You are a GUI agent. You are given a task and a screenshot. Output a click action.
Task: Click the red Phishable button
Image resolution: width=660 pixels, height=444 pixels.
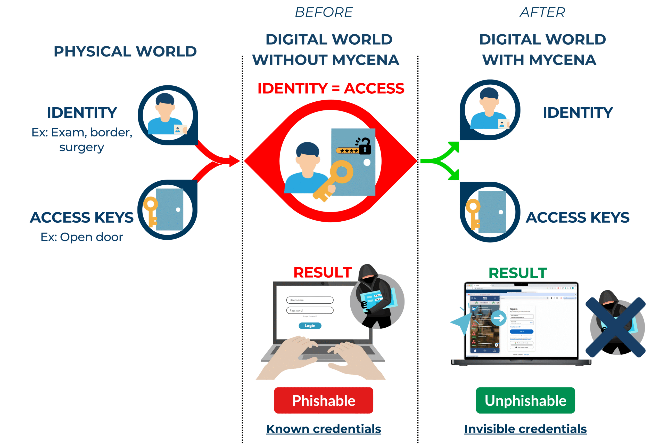pyautogui.click(x=323, y=400)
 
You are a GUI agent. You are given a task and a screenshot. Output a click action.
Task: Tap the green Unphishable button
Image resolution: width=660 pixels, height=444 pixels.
pyautogui.click(x=525, y=400)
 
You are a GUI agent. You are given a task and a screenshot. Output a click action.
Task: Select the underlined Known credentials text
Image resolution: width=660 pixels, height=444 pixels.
pyautogui.click(x=323, y=429)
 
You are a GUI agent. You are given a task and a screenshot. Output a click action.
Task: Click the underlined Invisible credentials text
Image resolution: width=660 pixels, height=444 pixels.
pyautogui.click(x=525, y=429)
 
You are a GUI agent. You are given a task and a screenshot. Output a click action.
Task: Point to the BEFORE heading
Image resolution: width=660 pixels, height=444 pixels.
pyautogui.click(x=324, y=12)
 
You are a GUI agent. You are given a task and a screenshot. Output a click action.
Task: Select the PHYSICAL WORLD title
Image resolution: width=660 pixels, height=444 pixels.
pyautogui.click(x=125, y=52)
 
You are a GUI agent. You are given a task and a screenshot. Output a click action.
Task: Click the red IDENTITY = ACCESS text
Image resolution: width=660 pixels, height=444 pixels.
pyautogui.click(x=331, y=88)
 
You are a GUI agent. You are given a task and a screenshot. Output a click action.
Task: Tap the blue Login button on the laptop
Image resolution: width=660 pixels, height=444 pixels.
pyautogui.click(x=310, y=326)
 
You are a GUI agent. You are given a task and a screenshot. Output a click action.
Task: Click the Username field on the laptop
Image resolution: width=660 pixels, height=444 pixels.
pyautogui.click(x=310, y=300)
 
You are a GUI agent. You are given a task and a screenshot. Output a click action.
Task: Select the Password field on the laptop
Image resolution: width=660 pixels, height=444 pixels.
pyautogui.click(x=310, y=310)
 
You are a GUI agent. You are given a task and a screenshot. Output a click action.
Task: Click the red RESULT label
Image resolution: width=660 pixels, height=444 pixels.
pyautogui.click(x=323, y=272)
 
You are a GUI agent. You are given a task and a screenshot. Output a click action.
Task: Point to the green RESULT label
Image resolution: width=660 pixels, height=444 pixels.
pyautogui.click(x=518, y=273)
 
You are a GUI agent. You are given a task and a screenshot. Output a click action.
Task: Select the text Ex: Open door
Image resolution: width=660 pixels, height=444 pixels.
pyautogui.click(x=82, y=237)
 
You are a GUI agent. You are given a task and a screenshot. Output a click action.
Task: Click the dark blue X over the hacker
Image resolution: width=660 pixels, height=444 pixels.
pyautogui.click(x=615, y=327)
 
